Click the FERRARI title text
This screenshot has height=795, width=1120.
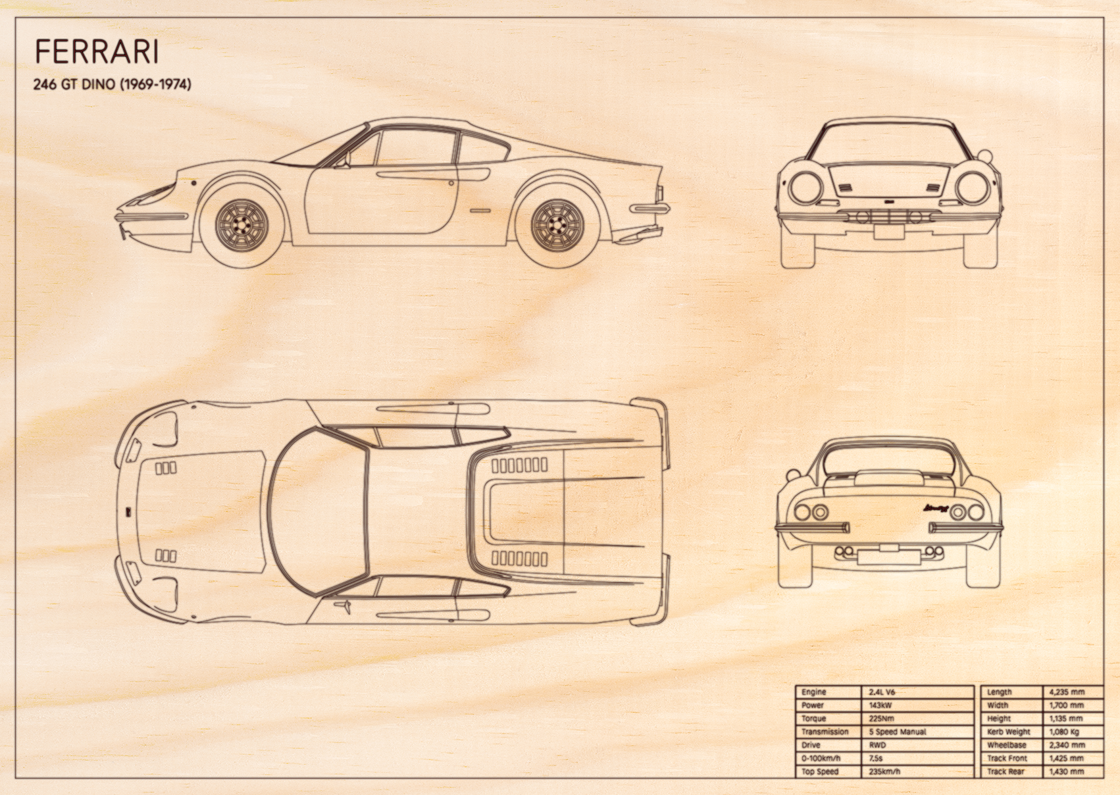tap(97, 52)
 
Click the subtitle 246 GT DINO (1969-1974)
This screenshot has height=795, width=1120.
tap(112, 84)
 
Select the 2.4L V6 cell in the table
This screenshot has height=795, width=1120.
tap(882, 692)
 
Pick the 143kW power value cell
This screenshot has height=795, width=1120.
tap(880, 705)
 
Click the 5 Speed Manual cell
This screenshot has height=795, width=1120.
tap(898, 732)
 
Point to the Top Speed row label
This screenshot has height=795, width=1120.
tap(820, 771)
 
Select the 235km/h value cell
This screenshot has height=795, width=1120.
tap(884, 771)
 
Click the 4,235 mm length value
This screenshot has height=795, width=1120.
tap(1067, 692)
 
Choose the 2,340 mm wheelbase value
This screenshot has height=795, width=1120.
tap(1067, 745)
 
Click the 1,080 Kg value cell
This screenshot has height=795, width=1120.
tap(1064, 732)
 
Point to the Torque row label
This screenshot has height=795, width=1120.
tap(813, 719)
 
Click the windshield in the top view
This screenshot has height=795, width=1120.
tap(320, 511)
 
